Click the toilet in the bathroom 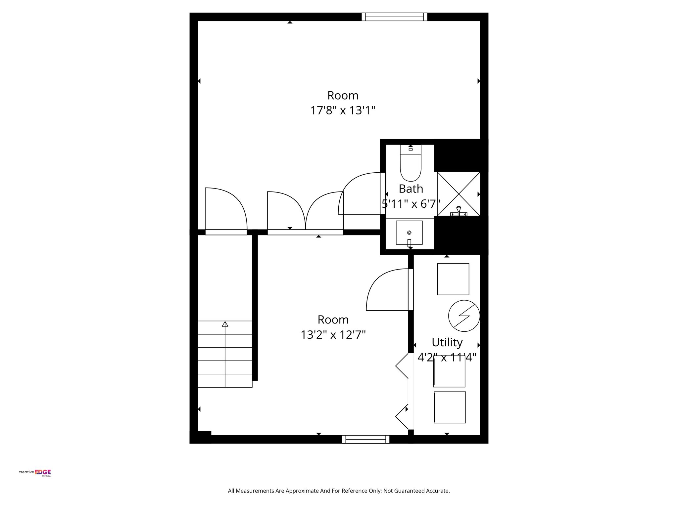(411, 163)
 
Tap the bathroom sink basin (409, 233)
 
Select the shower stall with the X (458, 194)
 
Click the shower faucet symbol (459, 211)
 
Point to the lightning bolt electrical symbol (464, 316)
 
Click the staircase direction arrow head (225, 324)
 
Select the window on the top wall (394, 17)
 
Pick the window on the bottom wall (365, 439)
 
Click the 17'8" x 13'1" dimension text (343, 110)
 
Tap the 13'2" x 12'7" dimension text (333, 335)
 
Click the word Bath (411, 189)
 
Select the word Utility (447, 342)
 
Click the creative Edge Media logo (35, 473)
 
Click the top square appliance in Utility (453, 279)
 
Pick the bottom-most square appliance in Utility (450, 407)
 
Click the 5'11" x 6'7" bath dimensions (411, 204)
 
